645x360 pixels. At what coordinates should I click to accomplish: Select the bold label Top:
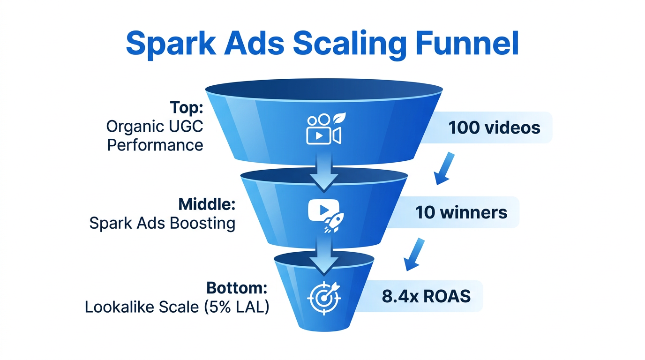(x=186, y=109)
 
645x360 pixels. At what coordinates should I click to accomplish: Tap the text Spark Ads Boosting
(x=162, y=223)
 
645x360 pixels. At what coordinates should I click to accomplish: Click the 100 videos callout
(x=494, y=127)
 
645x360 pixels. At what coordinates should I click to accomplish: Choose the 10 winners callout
(x=461, y=212)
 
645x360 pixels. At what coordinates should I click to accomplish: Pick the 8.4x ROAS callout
(x=426, y=296)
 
